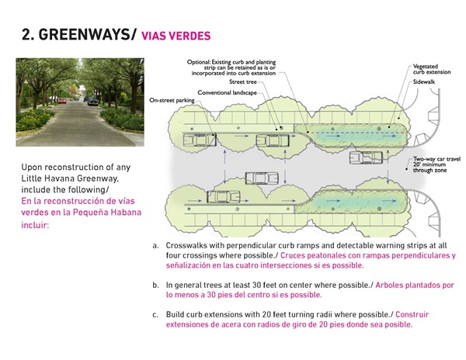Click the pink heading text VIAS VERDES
[x=176, y=36]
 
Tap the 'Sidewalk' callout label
[x=426, y=81]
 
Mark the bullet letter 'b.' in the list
[x=155, y=285]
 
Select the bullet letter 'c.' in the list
[x=155, y=315]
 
